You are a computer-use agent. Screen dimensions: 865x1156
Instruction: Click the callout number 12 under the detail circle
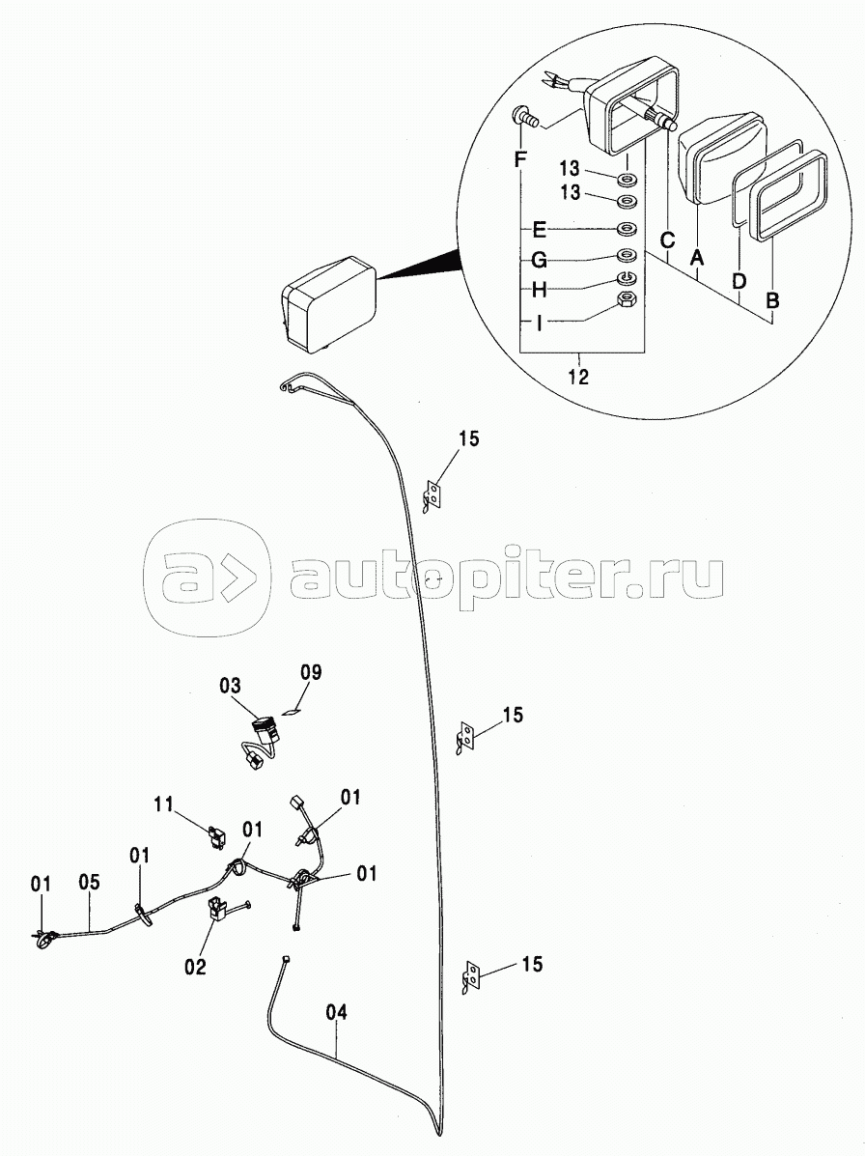click(x=578, y=377)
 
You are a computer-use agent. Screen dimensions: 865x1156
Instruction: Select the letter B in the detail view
click(x=772, y=300)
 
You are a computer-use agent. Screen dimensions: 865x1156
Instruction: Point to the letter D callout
click(x=739, y=281)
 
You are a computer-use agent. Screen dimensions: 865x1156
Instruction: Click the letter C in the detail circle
click(x=667, y=240)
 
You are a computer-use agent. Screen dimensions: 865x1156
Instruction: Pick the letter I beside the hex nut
click(x=540, y=323)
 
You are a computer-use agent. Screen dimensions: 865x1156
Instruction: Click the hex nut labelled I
click(x=627, y=299)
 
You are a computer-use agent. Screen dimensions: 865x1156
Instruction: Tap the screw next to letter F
click(x=524, y=117)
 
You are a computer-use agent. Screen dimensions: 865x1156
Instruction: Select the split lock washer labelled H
click(x=627, y=278)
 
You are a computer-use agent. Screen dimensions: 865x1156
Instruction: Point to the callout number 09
click(x=311, y=671)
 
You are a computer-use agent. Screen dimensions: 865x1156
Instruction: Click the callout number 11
click(x=163, y=803)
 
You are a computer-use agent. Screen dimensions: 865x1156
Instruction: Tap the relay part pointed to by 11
click(x=216, y=836)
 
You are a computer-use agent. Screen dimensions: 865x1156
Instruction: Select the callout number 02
click(x=195, y=965)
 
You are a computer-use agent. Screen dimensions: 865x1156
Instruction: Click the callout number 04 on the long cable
click(x=336, y=1012)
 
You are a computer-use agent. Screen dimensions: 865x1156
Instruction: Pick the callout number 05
click(x=89, y=883)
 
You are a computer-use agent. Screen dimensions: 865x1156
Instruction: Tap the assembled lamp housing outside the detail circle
click(x=328, y=303)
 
